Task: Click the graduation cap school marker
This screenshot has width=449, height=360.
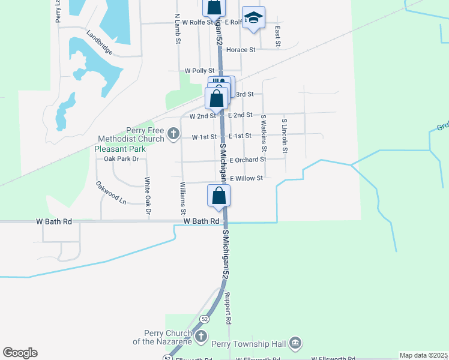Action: coord(254,17)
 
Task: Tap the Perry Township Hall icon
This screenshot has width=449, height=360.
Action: coord(295,343)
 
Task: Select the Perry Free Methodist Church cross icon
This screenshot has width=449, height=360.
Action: coord(173,133)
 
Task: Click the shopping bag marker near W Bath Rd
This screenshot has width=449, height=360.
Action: coord(219,195)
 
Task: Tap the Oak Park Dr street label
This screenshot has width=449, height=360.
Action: coord(121,159)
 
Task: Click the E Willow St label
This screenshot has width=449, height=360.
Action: coord(246,178)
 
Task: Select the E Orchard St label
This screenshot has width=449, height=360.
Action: coord(247,160)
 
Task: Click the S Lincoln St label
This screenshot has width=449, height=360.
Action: coord(285,136)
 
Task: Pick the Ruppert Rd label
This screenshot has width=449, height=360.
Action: coord(228,308)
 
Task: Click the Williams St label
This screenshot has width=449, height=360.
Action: coord(183,199)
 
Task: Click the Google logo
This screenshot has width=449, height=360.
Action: coord(20,353)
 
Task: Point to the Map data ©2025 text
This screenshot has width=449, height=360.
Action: coord(423,355)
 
